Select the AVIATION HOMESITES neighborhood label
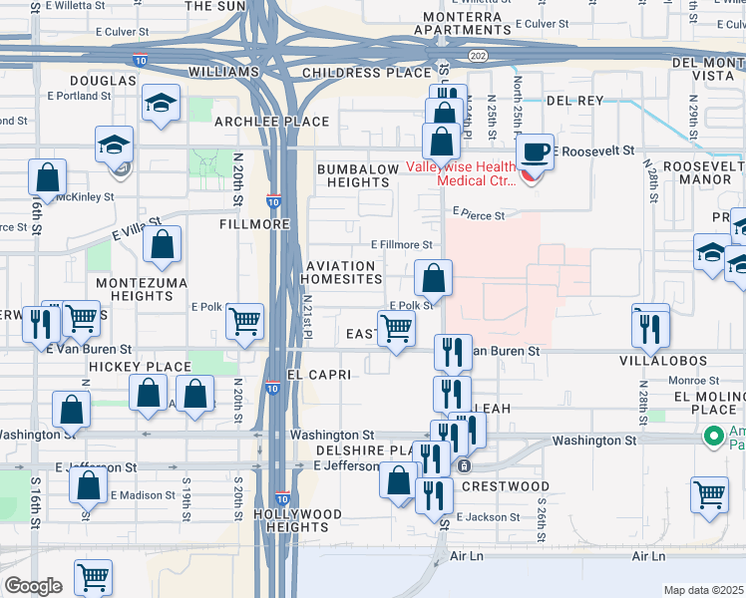point(342,273)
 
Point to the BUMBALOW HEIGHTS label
point(358,176)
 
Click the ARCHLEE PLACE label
point(272,122)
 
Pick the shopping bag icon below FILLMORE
point(162,245)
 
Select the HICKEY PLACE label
point(139,368)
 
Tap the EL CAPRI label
point(318,375)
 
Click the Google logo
point(32,586)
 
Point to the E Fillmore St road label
point(402,244)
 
